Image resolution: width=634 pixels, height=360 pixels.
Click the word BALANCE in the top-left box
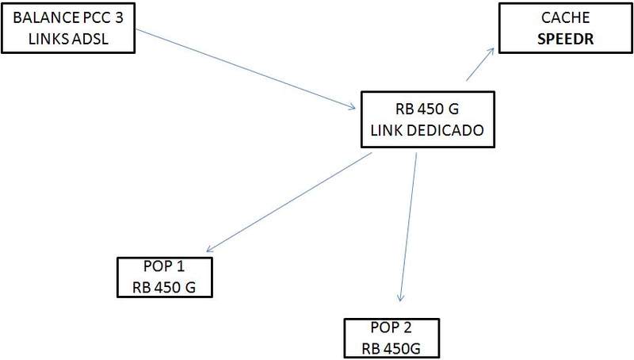38,15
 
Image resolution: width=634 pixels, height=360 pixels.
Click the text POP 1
164,267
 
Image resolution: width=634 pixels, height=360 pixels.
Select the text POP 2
391,327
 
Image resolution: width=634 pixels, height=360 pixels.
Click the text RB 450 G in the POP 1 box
164,285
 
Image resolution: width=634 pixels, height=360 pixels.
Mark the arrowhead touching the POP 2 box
401,299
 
